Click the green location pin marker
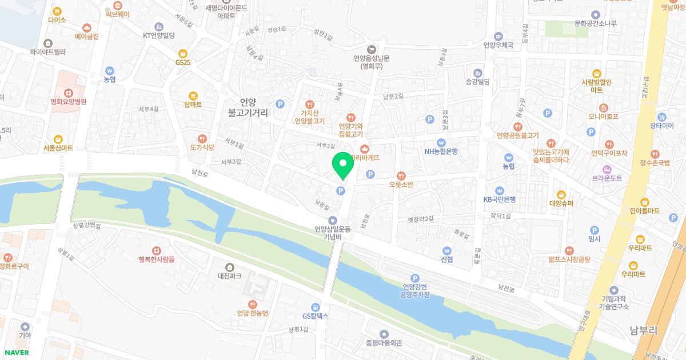342,166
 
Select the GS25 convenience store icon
182,53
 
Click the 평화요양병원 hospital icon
68,93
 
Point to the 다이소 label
57,20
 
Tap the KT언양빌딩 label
158,35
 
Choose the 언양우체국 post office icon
498,35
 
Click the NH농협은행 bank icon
441,142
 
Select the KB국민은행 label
499,199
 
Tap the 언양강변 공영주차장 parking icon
415,277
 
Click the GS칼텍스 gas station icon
315,307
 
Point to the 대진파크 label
229,276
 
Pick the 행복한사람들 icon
156,250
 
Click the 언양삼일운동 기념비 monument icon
332,220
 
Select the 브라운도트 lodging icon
606,169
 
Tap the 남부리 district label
643,330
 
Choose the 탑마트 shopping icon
193,95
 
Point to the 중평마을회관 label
384,343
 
